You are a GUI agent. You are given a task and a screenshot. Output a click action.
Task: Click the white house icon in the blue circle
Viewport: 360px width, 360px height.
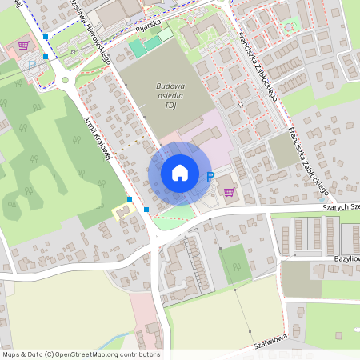click(179, 173)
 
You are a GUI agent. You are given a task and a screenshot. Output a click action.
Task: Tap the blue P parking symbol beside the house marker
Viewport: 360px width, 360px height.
click(210, 177)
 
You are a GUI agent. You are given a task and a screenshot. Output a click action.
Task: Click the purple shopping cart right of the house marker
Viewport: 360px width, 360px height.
click(230, 191)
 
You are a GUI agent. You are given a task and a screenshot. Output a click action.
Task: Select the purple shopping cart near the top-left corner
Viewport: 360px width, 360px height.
click(24, 46)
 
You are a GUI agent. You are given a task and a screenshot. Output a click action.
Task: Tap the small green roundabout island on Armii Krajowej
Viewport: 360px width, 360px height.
click(65, 80)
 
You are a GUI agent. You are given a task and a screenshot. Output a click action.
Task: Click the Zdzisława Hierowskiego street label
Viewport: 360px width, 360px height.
click(94, 29)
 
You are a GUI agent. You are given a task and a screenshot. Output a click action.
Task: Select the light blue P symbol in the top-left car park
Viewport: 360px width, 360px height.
click(32, 64)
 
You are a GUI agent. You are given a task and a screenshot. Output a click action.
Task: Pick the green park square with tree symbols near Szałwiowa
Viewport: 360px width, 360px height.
click(234, 265)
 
